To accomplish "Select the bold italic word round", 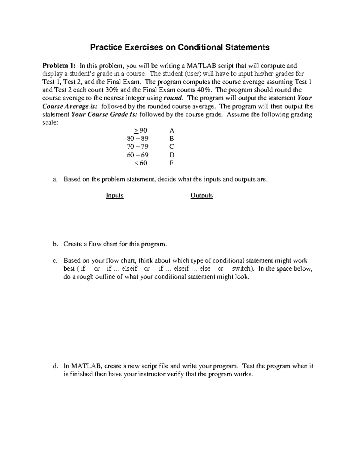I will (x=174, y=98).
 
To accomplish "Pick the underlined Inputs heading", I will (x=115, y=196).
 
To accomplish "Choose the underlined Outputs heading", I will (x=202, y=196).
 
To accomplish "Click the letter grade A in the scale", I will (x=172, y=131).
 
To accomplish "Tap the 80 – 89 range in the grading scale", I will (x=138, y=139).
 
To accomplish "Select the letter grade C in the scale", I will (x=172, y=147).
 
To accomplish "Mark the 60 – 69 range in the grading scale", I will (x=138, y=155).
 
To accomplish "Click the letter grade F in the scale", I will (x=172, y=163).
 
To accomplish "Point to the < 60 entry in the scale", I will (x=141, y=163).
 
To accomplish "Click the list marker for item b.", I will (x=55, y=244).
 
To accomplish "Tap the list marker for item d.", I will (x=55, y=366).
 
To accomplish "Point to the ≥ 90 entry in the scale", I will (x=140, y=131).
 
